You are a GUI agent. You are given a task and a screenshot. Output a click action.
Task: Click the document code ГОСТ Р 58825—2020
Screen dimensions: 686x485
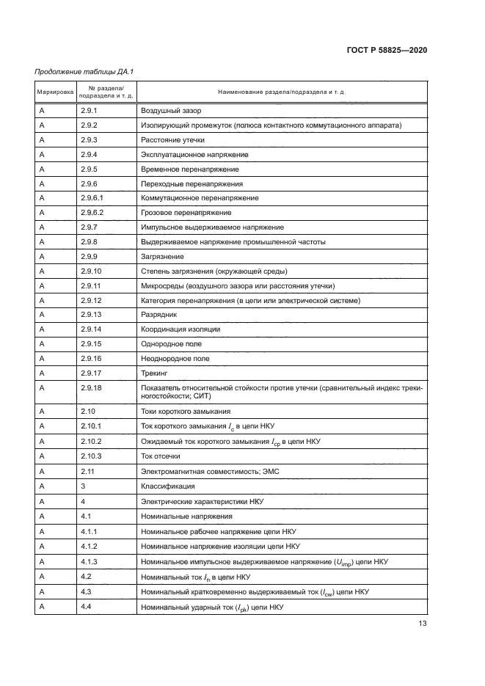pos(387,51)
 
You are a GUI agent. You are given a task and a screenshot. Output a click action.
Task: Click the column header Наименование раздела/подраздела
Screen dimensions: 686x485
pos(282,93)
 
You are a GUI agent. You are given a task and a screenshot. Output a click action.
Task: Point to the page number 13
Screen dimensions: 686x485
pos(422,624)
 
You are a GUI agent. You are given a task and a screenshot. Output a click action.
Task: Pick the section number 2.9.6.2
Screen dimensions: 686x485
pos(93,213)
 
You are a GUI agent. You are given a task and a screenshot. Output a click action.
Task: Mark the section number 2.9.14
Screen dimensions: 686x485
pos(92,329)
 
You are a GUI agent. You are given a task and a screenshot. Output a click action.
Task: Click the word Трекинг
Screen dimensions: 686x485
pos(154,373)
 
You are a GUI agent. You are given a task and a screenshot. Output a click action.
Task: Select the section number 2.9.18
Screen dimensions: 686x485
pos(92,387)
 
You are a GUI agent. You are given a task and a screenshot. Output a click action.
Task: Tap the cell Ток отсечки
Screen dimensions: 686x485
pos(161,455)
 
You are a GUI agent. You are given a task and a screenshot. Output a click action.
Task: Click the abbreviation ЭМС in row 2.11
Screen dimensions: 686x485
pos(259,470)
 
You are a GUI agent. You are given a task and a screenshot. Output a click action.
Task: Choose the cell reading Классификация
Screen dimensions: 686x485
pos(167,485)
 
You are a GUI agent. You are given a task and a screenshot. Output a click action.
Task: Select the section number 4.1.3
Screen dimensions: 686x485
pos(90,561)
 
